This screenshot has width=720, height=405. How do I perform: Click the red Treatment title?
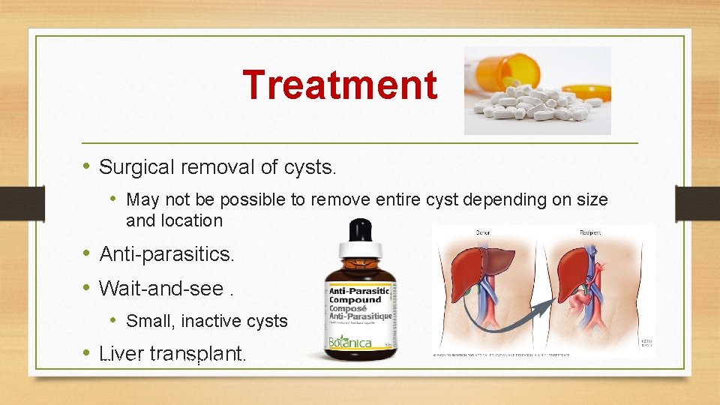coord(340,84)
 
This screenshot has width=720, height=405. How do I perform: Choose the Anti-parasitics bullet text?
coord(166,254)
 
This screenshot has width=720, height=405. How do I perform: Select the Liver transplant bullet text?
coord(172,353)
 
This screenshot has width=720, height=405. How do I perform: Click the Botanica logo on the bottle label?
coord(350,342)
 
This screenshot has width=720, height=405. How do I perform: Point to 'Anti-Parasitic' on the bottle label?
coord(360,289)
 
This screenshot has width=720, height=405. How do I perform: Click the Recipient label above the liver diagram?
coord(589,232)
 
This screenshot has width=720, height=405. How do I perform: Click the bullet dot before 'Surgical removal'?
coord(87,166)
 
